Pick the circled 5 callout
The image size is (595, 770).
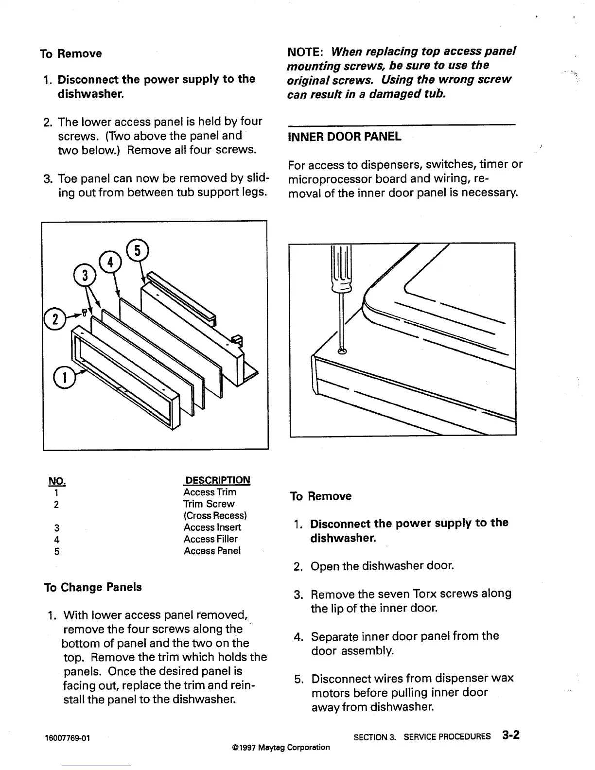coord(137,251)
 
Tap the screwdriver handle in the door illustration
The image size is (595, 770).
coord(341,267)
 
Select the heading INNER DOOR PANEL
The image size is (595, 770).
coord(345,137)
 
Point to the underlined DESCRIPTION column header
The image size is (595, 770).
coord(217,480)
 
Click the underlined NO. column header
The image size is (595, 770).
coord(57,481)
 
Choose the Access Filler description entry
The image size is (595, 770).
coord(210,539)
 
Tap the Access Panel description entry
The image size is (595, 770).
coord(212,551)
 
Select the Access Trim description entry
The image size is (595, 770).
coord(210,492)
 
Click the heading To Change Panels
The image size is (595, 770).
coord(93,587)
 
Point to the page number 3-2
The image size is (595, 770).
coord(511,735)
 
